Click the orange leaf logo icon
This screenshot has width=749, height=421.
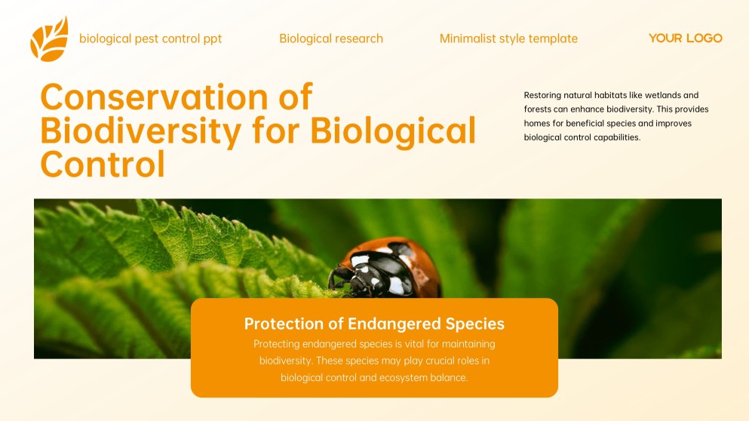pos(49,38)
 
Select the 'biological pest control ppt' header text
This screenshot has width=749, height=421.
pos(150,38)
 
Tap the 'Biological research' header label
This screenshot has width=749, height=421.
pos(331,38)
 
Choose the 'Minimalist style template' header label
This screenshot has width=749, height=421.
pos(508,38)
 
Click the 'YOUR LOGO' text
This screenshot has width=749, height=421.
pos(685,38)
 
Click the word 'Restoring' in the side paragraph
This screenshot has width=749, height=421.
pos(542,95)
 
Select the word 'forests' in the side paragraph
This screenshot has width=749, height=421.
pos(538,109)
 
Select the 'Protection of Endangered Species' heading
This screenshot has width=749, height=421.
pos(374,324)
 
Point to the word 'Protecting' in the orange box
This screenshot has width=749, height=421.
pos(277,344)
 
